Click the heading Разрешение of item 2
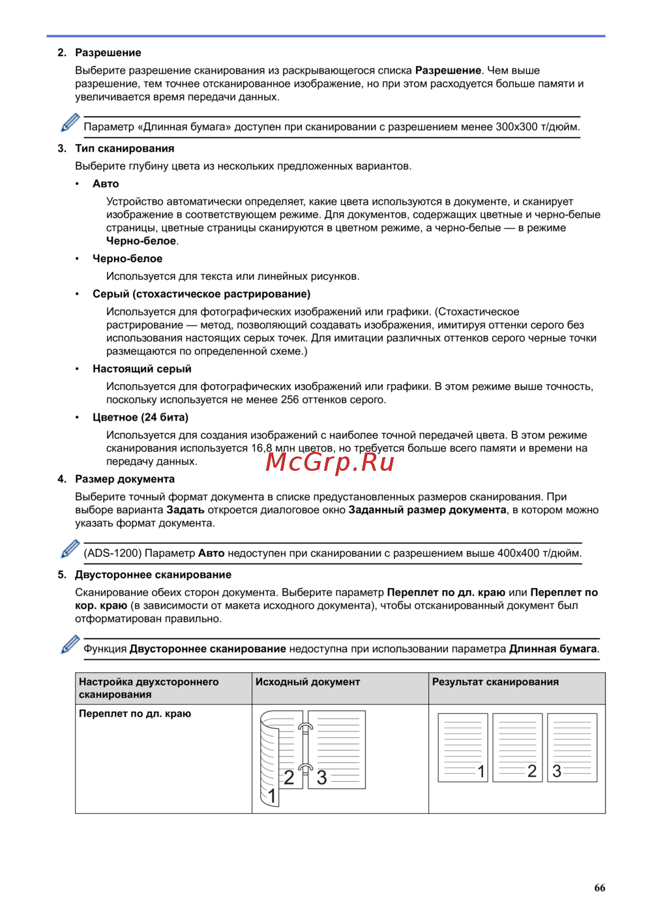tap(108, 53)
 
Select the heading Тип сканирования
tap(125, 149)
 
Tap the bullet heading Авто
tap(106, 184)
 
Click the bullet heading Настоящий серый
tap(141, 369)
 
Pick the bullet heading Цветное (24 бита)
tap(140, 417)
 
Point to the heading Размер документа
tap(125, 479)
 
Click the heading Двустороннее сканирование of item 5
tap(153, 575)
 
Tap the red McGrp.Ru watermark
tap(330, 462)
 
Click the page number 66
tap(599, 888)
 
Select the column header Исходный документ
tap(308, 682)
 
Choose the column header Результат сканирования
tap(496, 682)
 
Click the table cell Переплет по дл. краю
tap(135, 714)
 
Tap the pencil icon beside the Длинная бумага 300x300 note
tap(70, 123)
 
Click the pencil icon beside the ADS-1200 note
tap(70, 549)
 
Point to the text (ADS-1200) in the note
tap(112, 554)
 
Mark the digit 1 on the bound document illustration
tap(273, 796)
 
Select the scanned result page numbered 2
tap(518, 747)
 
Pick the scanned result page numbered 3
tap(572, 747)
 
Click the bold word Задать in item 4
tap(185, 510)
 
